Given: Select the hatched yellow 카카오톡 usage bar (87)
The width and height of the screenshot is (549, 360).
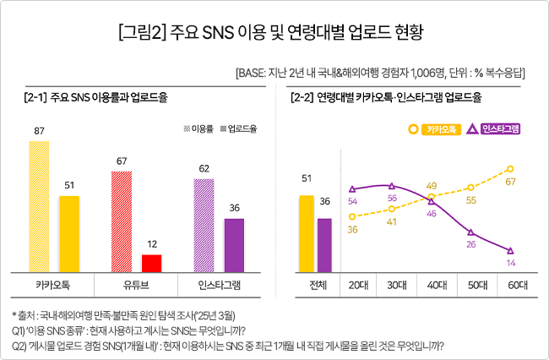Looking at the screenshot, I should coord(40,206).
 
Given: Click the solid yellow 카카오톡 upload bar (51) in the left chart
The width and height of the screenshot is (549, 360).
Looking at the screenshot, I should coord(69,234).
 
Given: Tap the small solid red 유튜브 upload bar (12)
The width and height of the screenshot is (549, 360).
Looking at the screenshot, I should coord(151,263).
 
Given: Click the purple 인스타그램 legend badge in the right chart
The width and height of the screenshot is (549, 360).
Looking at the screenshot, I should coord(493,129).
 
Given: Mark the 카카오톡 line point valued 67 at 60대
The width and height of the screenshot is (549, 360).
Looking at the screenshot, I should coord(510,169).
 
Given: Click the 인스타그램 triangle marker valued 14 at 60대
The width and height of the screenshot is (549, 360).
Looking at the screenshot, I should coord(510,250).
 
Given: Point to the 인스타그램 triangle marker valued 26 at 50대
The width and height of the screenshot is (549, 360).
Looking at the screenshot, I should coord(470,232).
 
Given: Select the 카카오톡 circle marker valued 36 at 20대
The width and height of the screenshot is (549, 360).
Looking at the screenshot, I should coord(351,216).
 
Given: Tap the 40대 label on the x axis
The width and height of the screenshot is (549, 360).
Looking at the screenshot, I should coord(431,285).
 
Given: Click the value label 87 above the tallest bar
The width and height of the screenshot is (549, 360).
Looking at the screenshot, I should coord(40,131).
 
